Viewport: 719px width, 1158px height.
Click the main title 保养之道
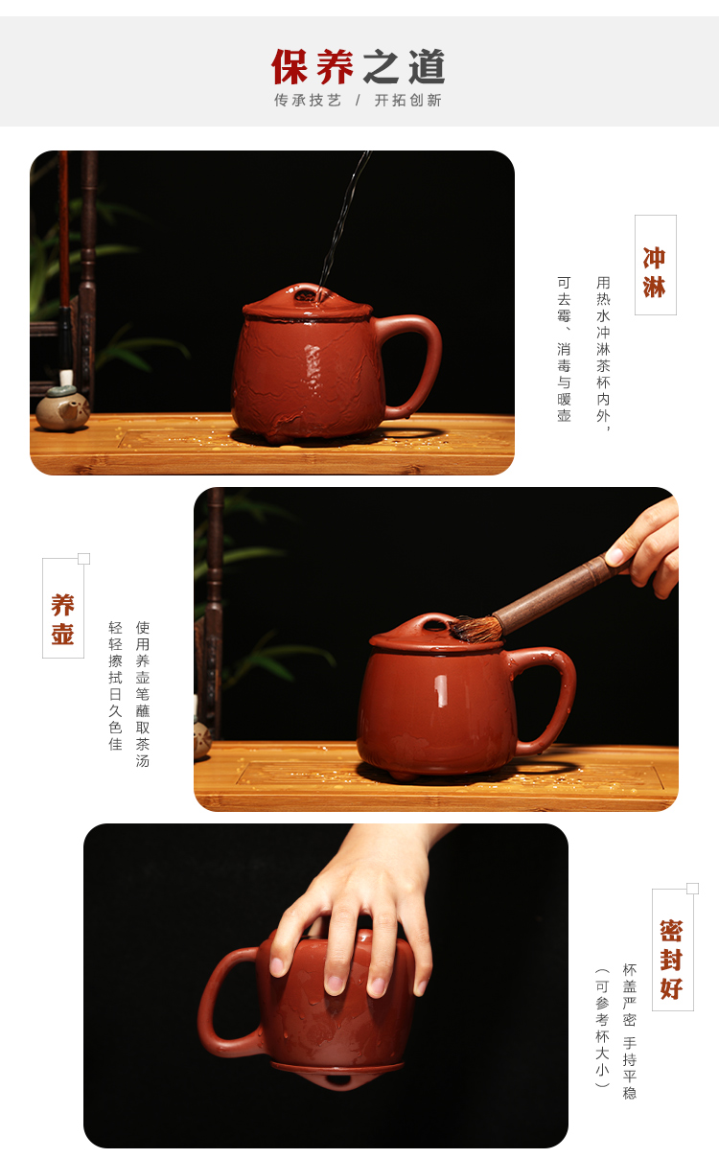tap(359, 66)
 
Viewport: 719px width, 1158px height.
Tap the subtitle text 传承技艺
tap(308, 101)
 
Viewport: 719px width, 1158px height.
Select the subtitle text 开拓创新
tap(407, 101)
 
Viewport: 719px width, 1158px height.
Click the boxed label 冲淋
tap(655, 272)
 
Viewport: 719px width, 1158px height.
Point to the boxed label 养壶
tap(62, 619)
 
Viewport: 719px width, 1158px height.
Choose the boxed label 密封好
tap(671, 960)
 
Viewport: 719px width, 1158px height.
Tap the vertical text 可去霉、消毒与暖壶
tap(564, 350)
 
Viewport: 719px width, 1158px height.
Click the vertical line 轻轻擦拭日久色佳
tap(115, 686)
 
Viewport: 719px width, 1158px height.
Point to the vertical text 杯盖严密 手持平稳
tap(629, 1031)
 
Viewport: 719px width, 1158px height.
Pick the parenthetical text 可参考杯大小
tap(602, 1029)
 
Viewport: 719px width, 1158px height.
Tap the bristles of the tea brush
tap(475, 629)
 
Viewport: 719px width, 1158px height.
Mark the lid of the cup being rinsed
tap(307, 301)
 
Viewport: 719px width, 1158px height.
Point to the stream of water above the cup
tap(344, 217)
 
